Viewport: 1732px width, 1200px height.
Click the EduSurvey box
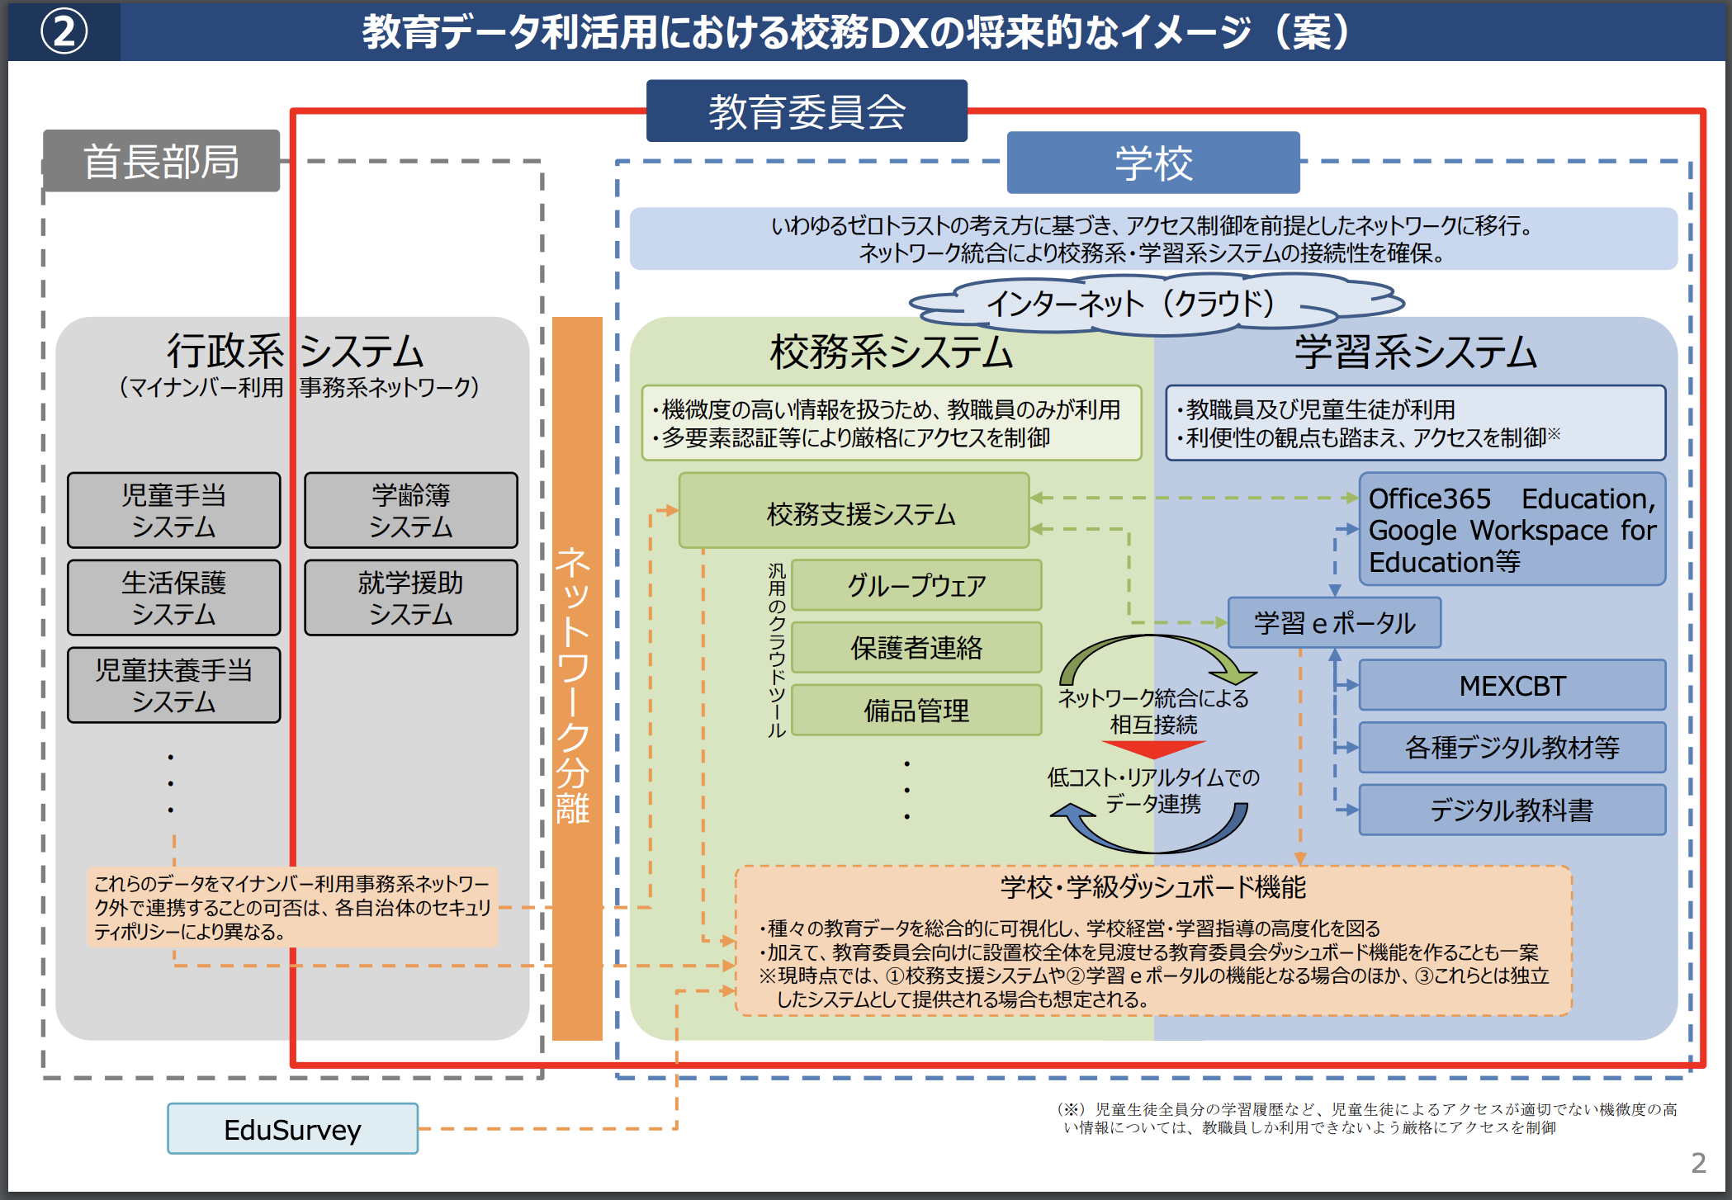point(293,1128)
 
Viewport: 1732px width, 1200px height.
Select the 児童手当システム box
point(174,510)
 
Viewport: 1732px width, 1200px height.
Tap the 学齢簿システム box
point(411,510)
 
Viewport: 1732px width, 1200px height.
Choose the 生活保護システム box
point(174,598)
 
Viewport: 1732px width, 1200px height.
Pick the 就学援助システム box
point(411,598)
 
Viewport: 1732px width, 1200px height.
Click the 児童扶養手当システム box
point(174,685)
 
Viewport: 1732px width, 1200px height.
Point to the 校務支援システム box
point(854,510)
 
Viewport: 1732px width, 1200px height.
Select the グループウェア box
point(916,585)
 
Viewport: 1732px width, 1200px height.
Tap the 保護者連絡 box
point(916,648)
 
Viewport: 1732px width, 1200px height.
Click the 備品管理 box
point(916,710)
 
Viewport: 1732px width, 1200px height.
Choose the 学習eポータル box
point(1335,622)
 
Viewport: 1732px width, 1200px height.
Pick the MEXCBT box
point(1512,685)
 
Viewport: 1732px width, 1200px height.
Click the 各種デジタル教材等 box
point(1512,747)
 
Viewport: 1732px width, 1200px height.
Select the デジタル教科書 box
point(1512,810)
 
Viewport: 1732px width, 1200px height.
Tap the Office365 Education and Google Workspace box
point(1512,529)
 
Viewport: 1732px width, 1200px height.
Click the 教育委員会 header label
point(807,111)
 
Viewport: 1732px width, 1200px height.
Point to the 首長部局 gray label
point(162,161)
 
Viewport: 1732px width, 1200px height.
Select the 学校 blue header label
point(1153,163)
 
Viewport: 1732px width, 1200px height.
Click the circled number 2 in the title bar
point(64,32)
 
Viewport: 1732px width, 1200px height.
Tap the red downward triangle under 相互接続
point(1153,749)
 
